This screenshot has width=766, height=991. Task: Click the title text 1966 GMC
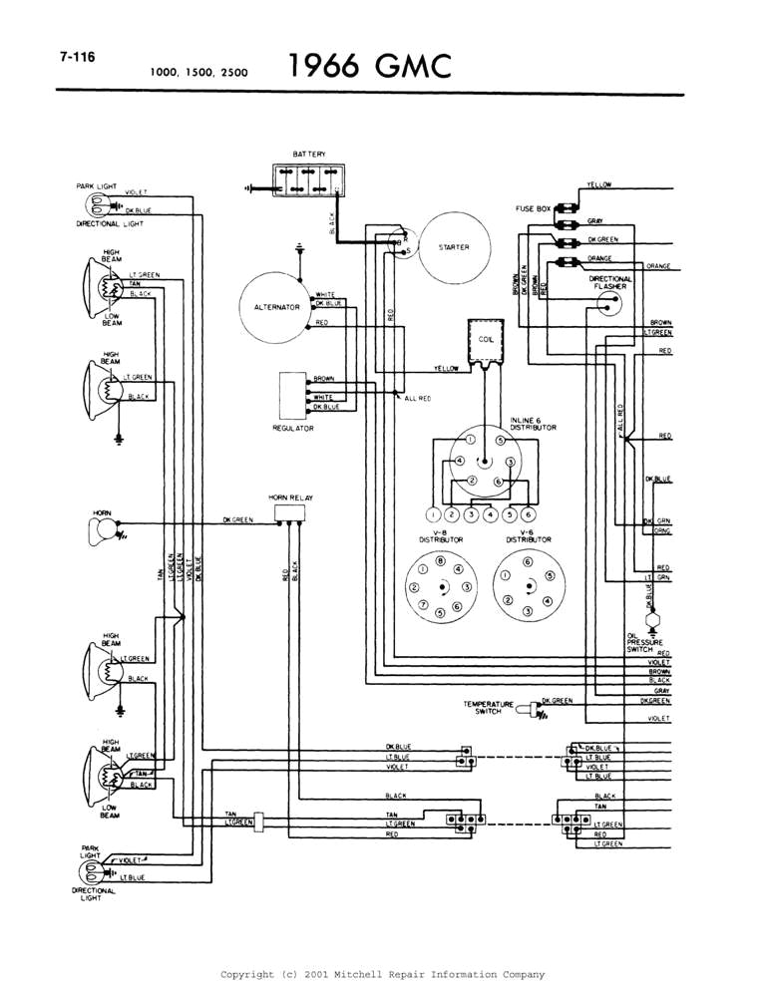tap(370, 66)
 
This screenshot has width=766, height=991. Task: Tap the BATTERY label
tap(308, 155)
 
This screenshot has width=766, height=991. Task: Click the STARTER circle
tap(454, 247)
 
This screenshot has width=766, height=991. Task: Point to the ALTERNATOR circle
tap(270, 307)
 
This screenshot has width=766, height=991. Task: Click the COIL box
tap(487, 340)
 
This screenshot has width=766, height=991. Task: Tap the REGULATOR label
tap(293, 428)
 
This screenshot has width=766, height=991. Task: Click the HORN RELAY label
tap(287, 495)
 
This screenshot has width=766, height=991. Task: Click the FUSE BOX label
tap(533, 208)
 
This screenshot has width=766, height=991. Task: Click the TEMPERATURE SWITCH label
tap(489, 707)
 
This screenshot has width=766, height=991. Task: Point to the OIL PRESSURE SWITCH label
tap(638, 642)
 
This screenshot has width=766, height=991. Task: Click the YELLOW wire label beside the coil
tap(446, 369)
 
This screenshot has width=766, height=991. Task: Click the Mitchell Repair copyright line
tap(382, 974)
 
